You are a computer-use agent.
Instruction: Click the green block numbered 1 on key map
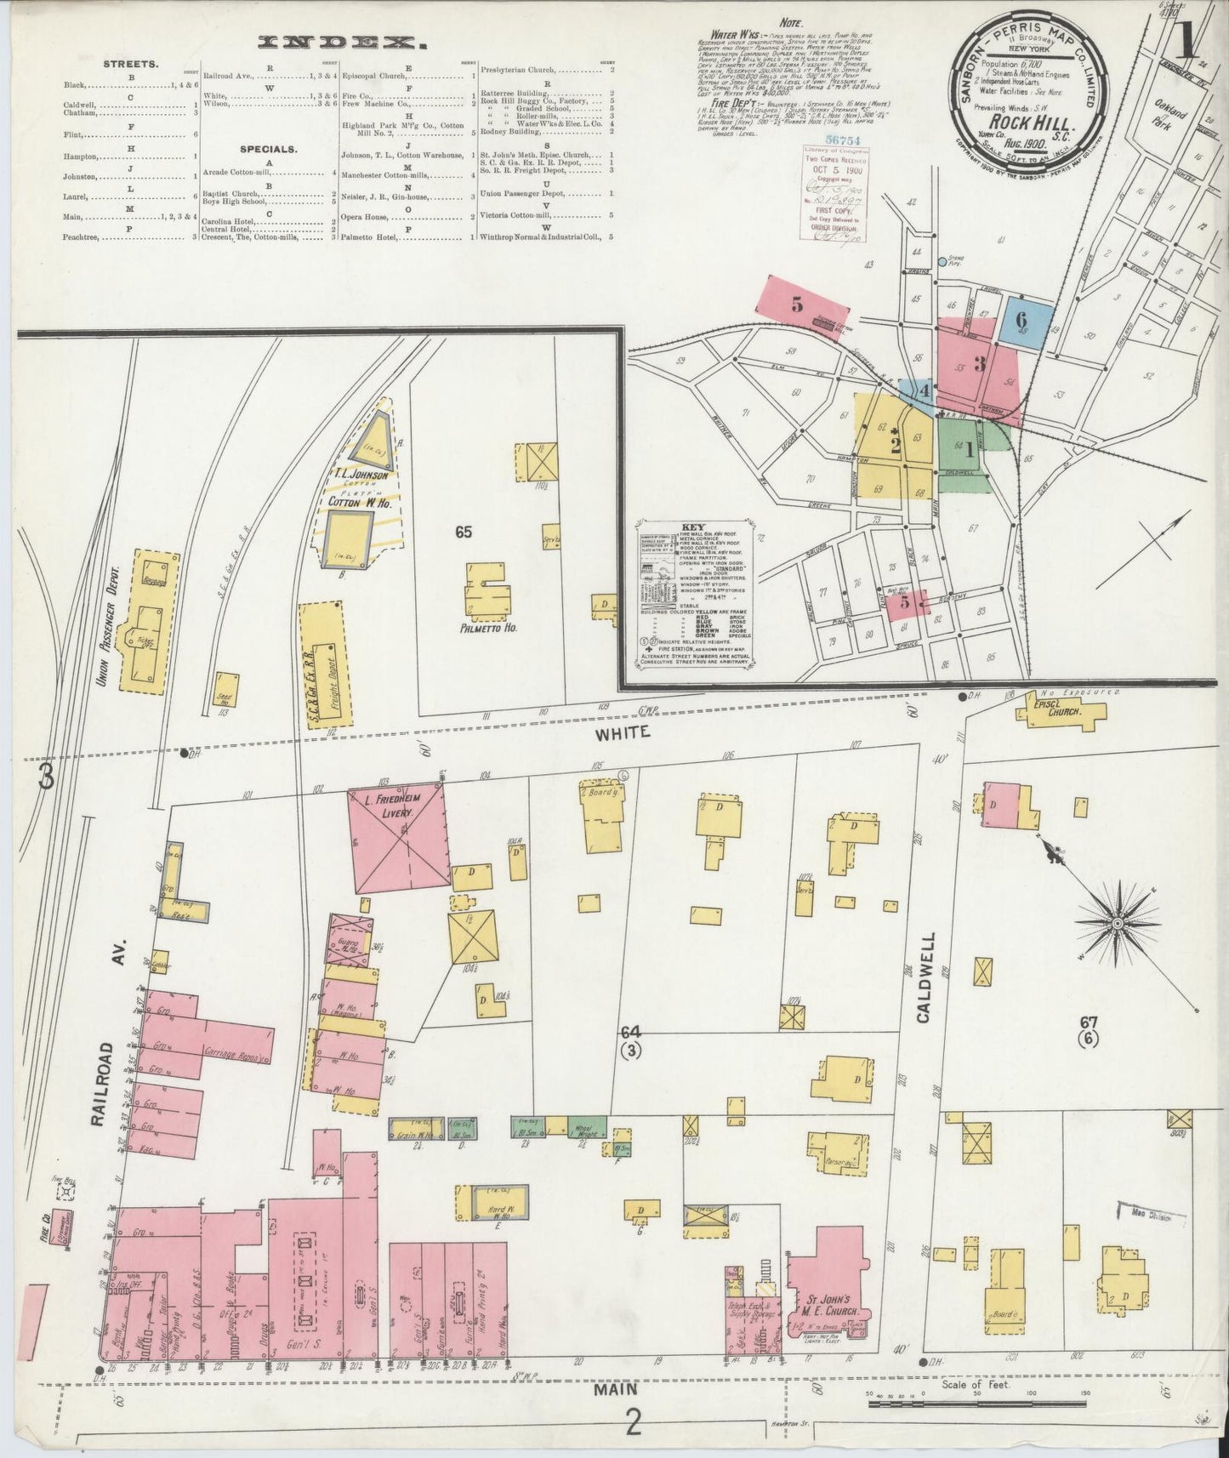(x=963, y=443)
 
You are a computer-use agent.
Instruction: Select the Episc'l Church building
(x=1057, y=715)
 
